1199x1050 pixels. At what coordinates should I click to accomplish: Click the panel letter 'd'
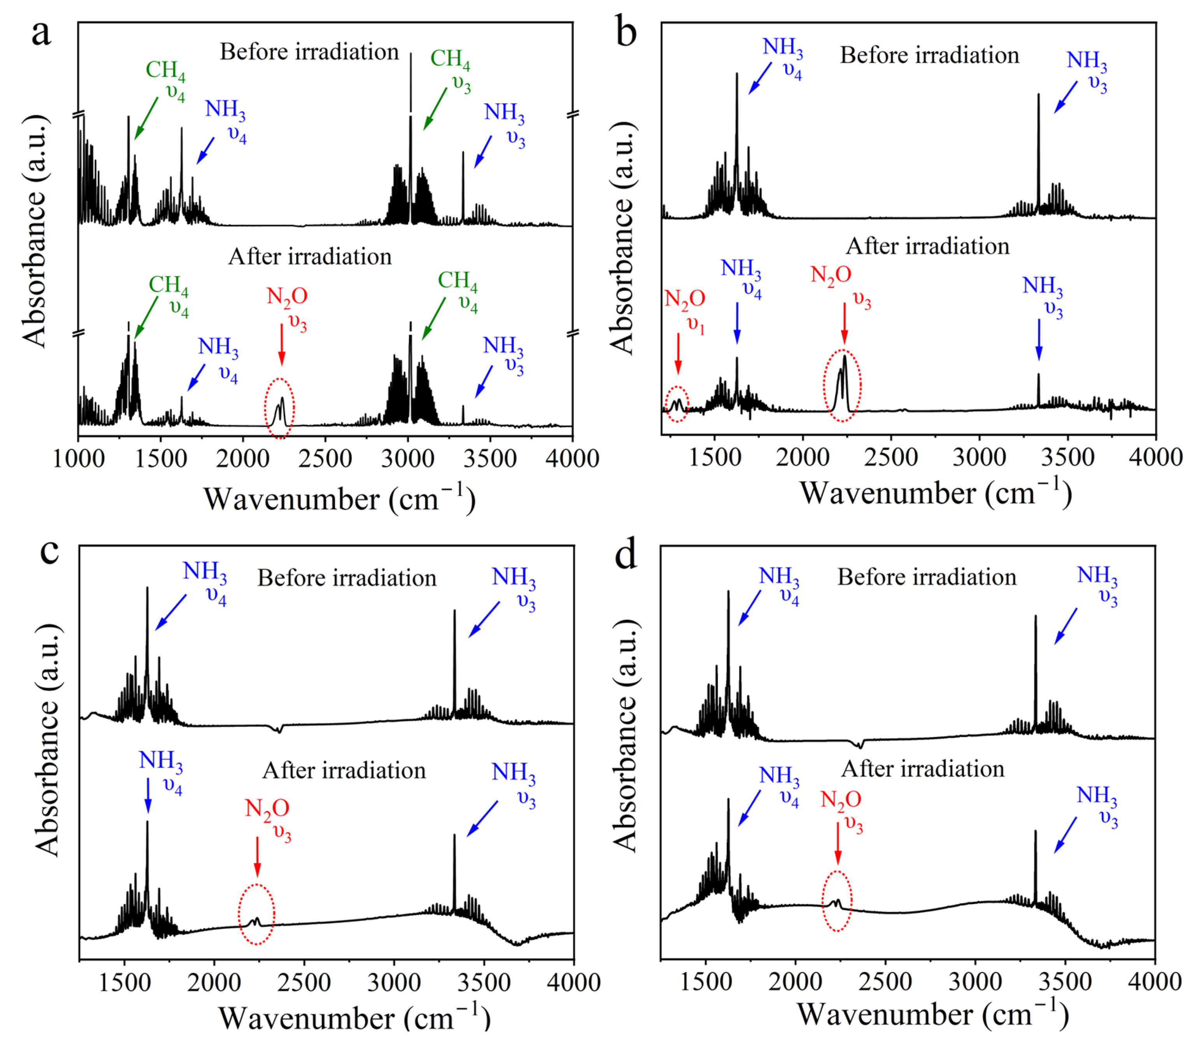click(625, 554)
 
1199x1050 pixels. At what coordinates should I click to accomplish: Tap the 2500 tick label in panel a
click(325, 458)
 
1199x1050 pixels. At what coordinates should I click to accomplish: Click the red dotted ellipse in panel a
click(279, 408)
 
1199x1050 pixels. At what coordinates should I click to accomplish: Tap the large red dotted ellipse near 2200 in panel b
click(843, 385)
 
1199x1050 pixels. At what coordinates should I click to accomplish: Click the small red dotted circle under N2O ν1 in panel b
click(678, 404)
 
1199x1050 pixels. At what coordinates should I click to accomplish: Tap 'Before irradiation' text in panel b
click(930, 55)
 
